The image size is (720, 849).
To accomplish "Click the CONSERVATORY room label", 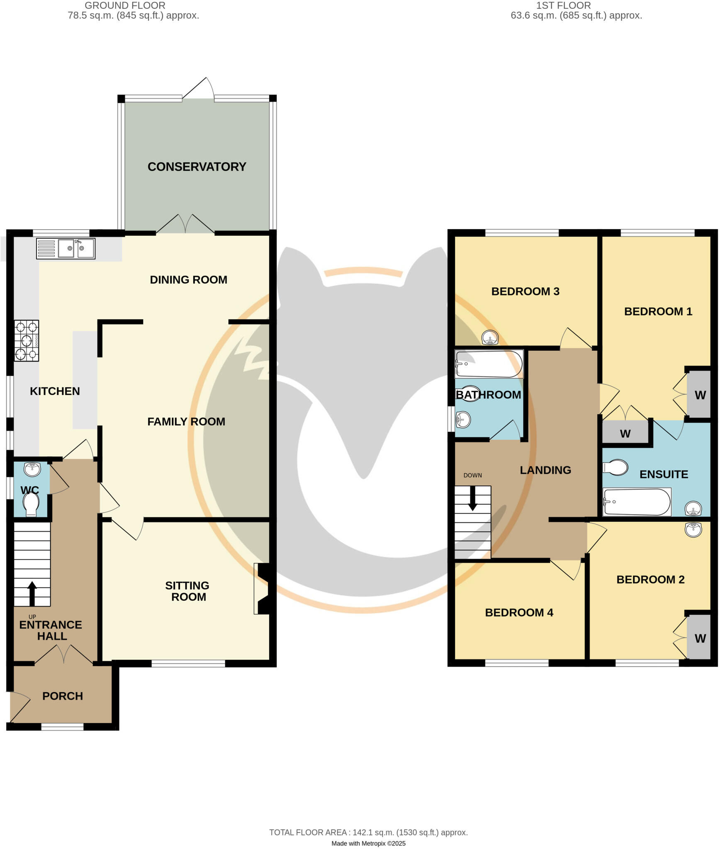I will coord(197,167).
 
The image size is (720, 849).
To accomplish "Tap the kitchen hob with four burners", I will coord(27,340).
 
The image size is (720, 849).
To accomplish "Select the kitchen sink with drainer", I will coord(66,248).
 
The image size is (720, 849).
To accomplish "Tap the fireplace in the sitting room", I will coord(263,588).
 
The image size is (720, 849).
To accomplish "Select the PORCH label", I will coord(63,696).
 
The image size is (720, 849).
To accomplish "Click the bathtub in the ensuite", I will coord(637,502).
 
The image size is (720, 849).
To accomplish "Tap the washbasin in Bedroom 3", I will coord(490,337).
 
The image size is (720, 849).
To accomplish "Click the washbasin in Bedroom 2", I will coord(693,530).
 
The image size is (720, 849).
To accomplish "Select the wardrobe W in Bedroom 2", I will coord(700,639).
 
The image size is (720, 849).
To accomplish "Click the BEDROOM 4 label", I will coord(519,613).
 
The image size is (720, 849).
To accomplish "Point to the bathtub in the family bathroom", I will coord(489,364).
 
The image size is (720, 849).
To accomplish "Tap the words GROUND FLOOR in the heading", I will coord(125,5).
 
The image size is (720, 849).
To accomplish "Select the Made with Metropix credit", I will coord(368,843).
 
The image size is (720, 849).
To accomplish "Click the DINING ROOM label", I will coord(188,280).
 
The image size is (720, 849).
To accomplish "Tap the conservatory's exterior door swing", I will coord(199,88).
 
